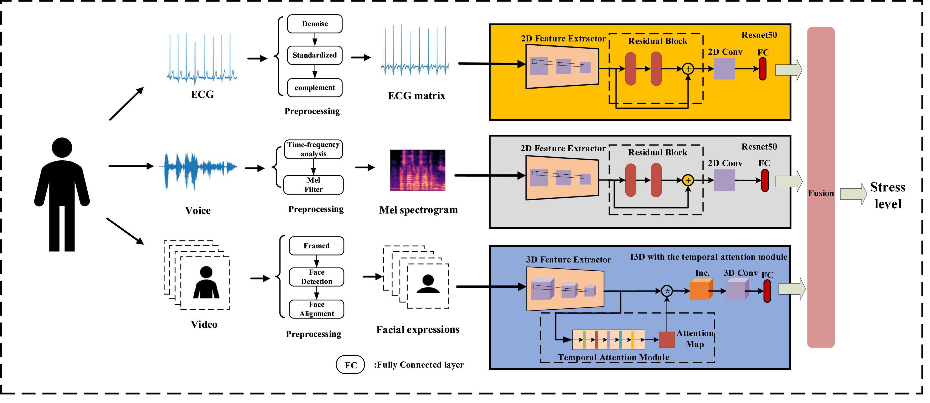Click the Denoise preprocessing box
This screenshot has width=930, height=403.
[315, 24]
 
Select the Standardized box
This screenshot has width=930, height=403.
[315, 55]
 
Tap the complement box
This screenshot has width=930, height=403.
[315, 88]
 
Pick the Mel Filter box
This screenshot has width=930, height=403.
[313, 185]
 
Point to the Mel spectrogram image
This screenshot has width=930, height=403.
[417, 170]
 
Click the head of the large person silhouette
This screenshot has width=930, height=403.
[62, 148]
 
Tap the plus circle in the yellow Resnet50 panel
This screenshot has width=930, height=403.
[688, 69]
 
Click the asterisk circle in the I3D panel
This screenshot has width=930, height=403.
[667, 291]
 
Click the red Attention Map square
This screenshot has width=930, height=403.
[666, 340]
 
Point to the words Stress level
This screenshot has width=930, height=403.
[888, 195]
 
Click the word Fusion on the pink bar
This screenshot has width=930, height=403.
[821, 193]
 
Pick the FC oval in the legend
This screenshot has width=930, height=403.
[350, 365]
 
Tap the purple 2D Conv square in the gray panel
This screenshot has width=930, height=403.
[724, 180]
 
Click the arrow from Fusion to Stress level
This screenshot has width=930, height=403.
[853, 194]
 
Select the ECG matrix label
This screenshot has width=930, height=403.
[416, 96]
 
